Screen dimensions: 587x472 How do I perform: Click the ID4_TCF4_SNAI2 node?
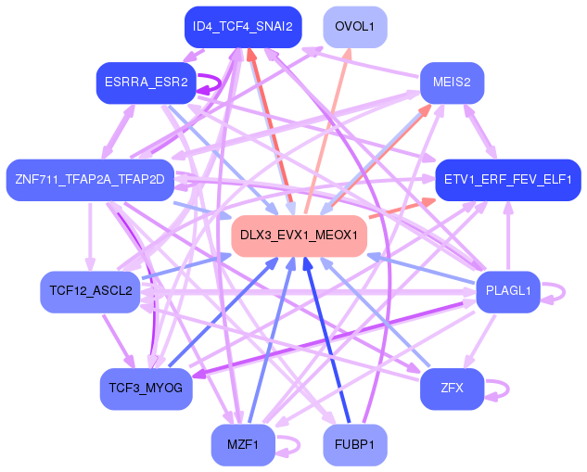pyautogui.click(x=243, y=27)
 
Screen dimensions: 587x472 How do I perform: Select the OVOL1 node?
pyautogui.click(x=355, y=27)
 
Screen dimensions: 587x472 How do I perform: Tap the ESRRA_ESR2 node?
pyautogui.click(x=147, y=83)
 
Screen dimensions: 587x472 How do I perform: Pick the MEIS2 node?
pyautogui.click(x=452, y=83)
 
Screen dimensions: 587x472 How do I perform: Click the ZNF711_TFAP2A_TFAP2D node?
pyautogui.click(x=90, y=180)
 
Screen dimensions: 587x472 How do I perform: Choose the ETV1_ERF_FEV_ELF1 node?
pyautogui.click(x=508, y=180)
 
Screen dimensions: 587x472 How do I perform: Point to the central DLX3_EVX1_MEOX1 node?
pyautogui.click(x=300, y=236)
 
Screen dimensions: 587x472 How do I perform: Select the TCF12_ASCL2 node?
pyautogui.click(x=90, y=291)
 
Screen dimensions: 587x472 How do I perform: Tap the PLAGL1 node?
pyautogui.click(x=508, y=291)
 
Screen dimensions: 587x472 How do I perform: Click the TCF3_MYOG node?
pyautogui.click(x=147, y=389)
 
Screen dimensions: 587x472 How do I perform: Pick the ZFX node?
pyautogui.click(x=452, y=389)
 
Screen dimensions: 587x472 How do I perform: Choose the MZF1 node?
pyautogui.click(x=243, y=445)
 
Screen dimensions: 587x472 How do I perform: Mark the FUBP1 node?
pyautogui.click(x=355, y=445)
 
